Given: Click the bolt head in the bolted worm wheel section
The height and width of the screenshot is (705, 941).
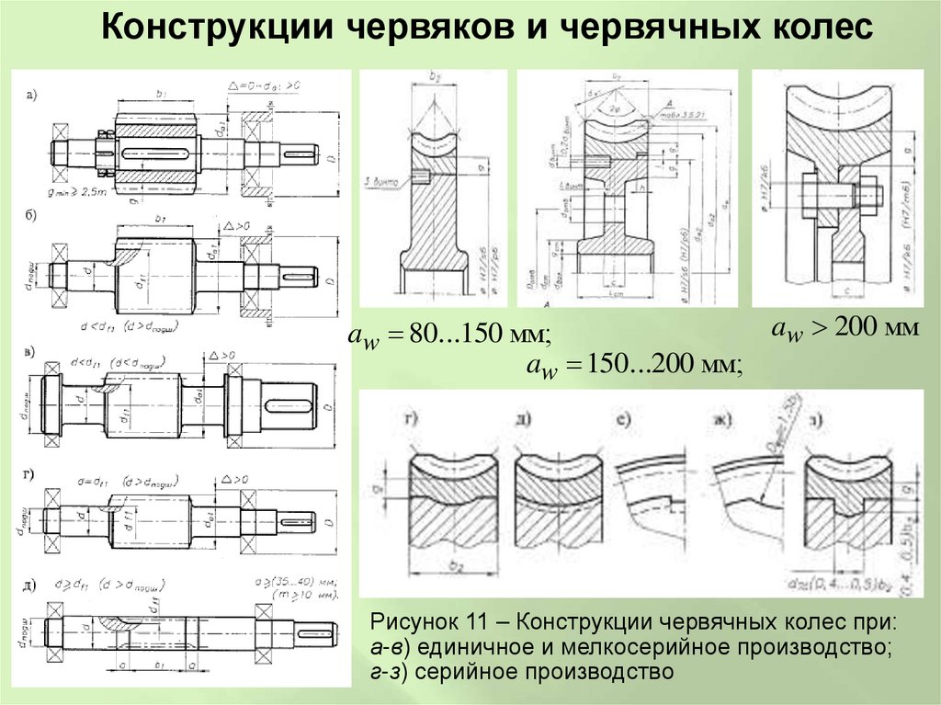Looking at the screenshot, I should pos(871,195).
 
